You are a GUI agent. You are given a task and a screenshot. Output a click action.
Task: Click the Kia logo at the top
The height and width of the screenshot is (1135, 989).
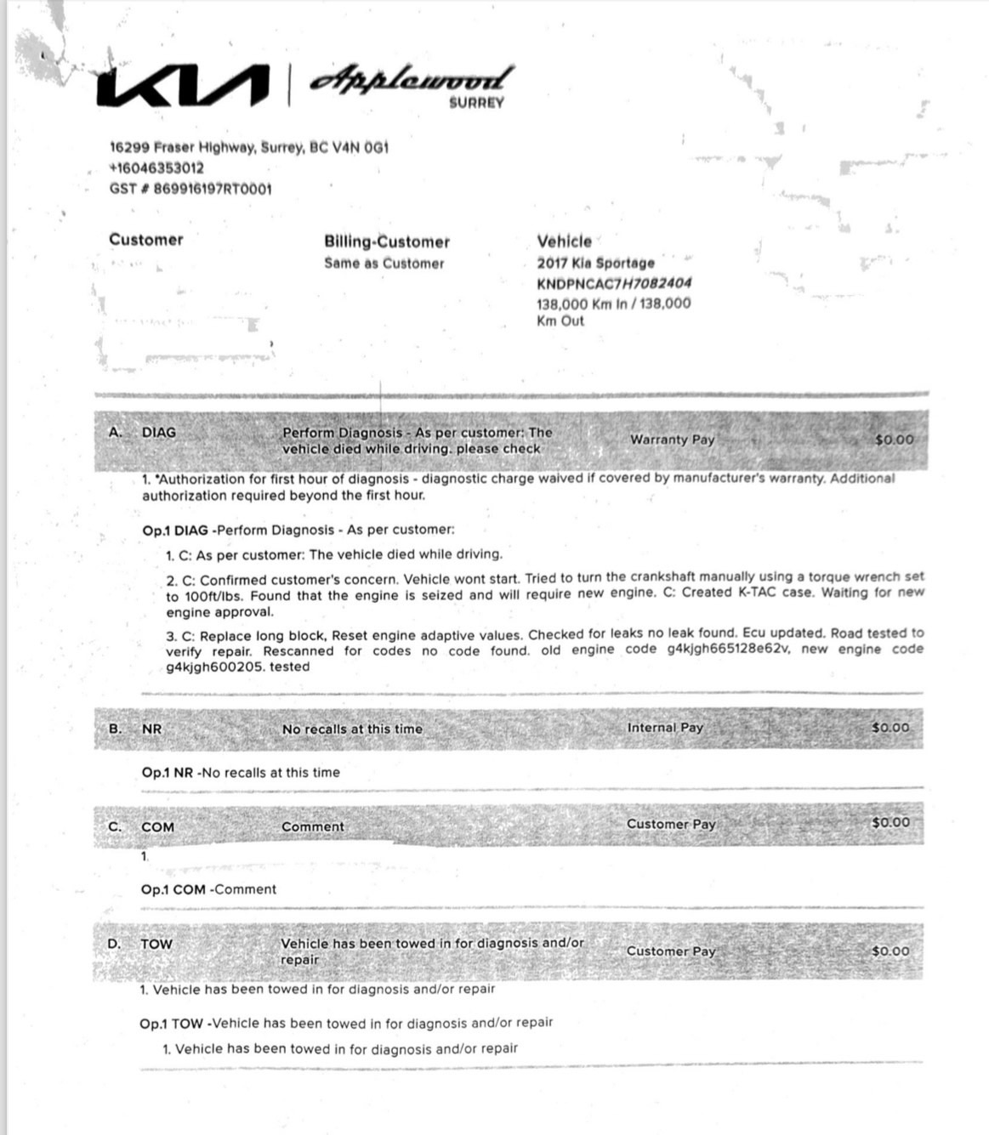pyautogui.click(x=182, y=87)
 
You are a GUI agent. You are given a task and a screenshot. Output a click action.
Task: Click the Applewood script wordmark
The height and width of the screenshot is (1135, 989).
pyautogui.click(x=412, y=79)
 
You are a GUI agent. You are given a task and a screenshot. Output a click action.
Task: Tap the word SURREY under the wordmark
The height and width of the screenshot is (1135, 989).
pyautogui.click(x=476, y=103)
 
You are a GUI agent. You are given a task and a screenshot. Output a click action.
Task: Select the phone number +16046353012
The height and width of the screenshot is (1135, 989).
pyautogui.click(x=156, y=167)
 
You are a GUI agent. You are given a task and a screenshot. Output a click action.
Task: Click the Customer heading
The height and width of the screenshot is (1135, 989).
pyautogui.click(x=145, y=240)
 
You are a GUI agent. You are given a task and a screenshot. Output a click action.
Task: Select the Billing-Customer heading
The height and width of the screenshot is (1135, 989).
pyautogui.click(x=386, y=241)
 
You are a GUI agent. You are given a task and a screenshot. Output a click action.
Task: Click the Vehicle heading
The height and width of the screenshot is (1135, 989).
pyautogui.click(x=564, y=241)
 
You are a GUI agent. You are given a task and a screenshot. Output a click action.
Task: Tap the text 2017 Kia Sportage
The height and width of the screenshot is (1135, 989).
pyautogui.click(x=595, y=263)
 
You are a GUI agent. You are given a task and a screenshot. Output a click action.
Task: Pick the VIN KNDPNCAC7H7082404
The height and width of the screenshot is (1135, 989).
pyautogui.click(x=614, y=283)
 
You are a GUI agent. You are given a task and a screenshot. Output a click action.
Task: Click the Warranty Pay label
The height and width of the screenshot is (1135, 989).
pyautogui.click(x=672, y=440)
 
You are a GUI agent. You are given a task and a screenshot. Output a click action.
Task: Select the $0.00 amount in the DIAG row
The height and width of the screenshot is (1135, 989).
pyautogui.click(x=894, y=440)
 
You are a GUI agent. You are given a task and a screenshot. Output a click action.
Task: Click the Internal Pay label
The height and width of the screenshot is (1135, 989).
pyautogui.click(x=665, y=728)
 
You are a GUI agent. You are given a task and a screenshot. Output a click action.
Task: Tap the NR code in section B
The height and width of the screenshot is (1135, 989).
pyautogui.click(x=151, y=729)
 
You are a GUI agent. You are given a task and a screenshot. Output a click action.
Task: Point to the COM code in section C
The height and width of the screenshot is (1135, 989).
pyautogui.click(x=157, y=827)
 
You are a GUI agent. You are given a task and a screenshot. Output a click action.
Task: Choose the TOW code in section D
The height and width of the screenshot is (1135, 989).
pyautogui.click(x=156, y=944)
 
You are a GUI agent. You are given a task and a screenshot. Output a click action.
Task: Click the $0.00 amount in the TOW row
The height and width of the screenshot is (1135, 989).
pyautogui.click(x=890, y=951)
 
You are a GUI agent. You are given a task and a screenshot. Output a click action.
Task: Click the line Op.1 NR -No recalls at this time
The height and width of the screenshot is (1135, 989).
pyautogui.click(x=241, y=773)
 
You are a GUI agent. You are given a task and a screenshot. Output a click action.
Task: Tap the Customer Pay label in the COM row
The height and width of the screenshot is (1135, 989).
pyautogui.click(x=671, y=824)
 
